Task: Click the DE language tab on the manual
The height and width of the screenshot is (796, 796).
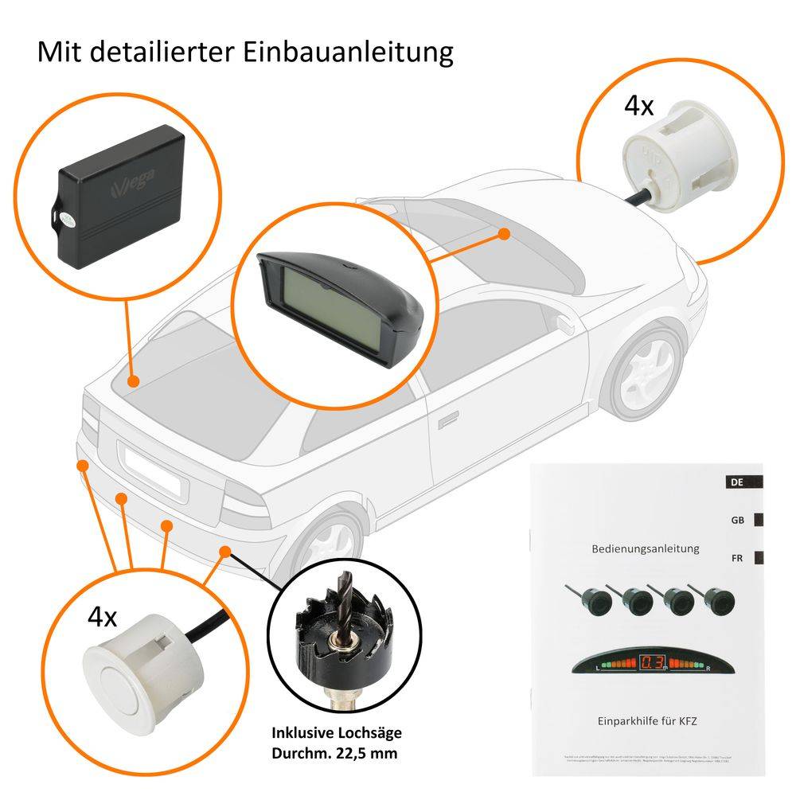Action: [x=737, y=482]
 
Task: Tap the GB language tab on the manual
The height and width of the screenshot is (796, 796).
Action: [x=738, y=520]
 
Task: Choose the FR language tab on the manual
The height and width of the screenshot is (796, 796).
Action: [x=738, y=557]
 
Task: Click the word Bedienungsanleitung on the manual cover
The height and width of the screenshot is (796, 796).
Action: [x=646, y=548]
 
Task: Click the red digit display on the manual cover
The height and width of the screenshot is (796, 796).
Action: [x=653, y=661]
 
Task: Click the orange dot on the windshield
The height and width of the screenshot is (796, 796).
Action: [x=503, y=233]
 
